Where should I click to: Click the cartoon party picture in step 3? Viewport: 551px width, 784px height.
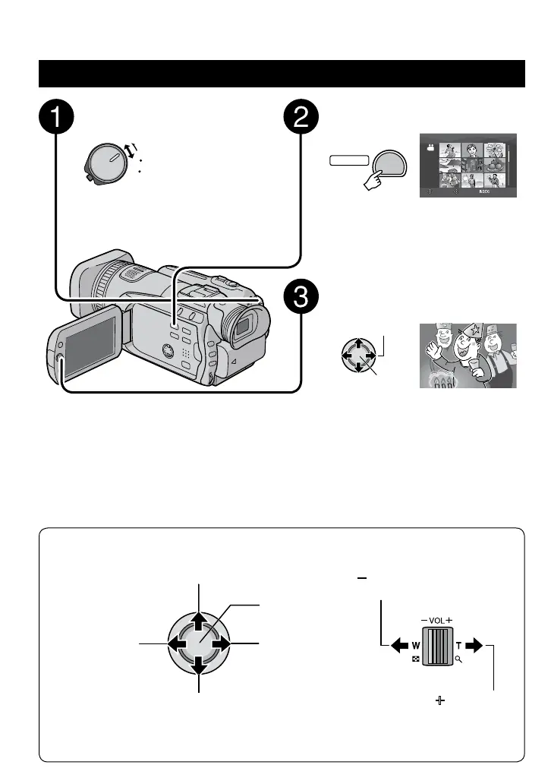point(468,356)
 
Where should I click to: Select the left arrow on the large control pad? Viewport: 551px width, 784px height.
point(176,644)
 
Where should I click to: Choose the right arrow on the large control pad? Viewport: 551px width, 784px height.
point(220,644)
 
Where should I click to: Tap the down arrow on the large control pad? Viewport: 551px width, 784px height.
point(197,666)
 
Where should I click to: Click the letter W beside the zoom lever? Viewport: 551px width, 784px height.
point(416,645)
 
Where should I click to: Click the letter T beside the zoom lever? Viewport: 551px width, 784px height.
point(458,645)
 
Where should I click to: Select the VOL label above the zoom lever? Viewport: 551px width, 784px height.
point(436,619)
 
